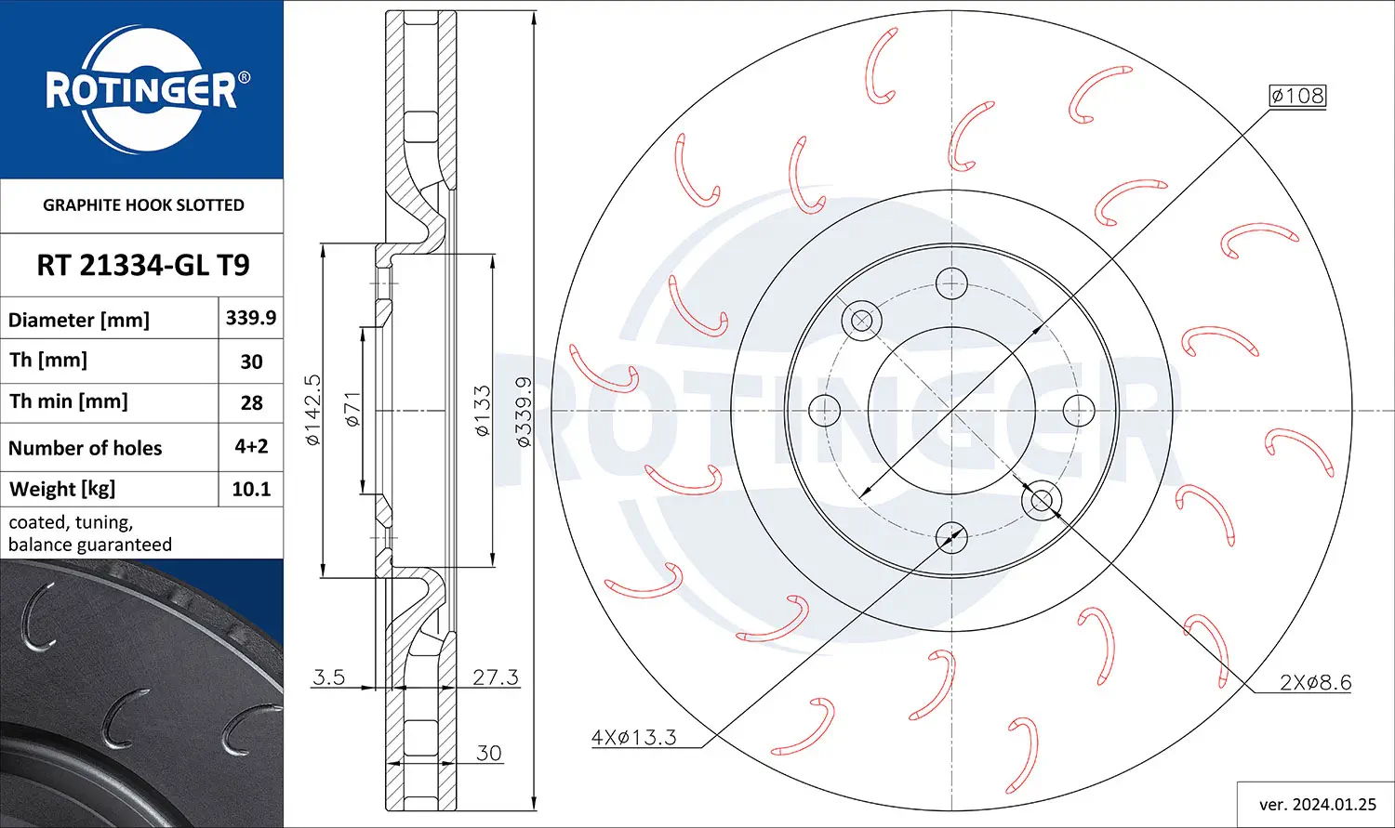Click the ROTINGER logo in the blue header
tap(142, 89)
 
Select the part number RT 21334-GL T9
tap(142, 265)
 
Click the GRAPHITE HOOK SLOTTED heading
tap(143, 204)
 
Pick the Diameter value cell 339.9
tap(250, 318)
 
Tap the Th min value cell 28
tap(251, 402)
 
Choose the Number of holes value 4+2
tap(251, 446)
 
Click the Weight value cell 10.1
tap(251, 489)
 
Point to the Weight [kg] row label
tap(62, 489)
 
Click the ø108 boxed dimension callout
tap(1298, 96)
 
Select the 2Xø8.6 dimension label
tap(1315, 682)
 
